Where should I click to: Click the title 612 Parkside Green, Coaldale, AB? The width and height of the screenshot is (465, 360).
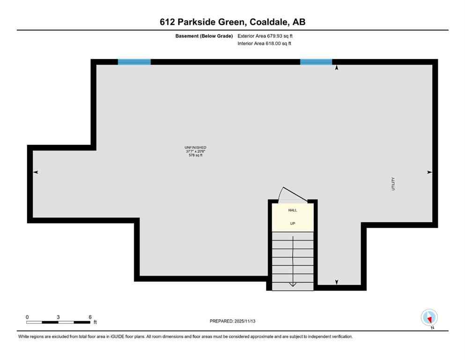(x=232, y=22)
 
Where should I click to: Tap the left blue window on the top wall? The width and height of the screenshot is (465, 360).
(x=134, y=61)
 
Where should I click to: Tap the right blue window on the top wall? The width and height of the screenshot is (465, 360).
(x=316, y=61)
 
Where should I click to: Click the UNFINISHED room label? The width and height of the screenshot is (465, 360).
(x=196, y=148)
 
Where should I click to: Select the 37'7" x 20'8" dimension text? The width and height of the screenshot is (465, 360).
(x=196, y=151)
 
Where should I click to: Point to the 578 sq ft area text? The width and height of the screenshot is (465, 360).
(x=196, y=155)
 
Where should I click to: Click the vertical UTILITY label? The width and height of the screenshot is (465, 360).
(x=394, y=183)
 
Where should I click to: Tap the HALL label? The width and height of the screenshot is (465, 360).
(x=293, y=210)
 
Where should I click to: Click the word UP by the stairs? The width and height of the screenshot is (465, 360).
(x=293, y=224)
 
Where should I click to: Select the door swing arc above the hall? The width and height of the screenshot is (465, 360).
(x=287, y=193)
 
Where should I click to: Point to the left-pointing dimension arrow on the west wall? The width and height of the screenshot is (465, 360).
(x=36, y=172)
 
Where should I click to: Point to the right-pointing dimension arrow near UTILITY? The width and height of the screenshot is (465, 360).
(x=429, y=172)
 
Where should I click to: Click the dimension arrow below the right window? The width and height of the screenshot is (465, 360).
(x=336, y=68)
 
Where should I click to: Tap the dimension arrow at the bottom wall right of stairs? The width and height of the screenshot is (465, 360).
(x=336, y=282)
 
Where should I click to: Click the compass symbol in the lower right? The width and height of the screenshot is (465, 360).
(x=429, y=317)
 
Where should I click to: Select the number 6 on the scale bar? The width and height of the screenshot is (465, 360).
(x=90, y=317)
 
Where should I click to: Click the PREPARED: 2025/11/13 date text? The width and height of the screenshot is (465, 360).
(x=232, y=321)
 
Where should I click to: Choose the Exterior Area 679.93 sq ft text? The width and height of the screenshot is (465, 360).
(x=266, y=36)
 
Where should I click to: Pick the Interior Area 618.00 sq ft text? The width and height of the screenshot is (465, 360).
(x=265, y=44)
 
